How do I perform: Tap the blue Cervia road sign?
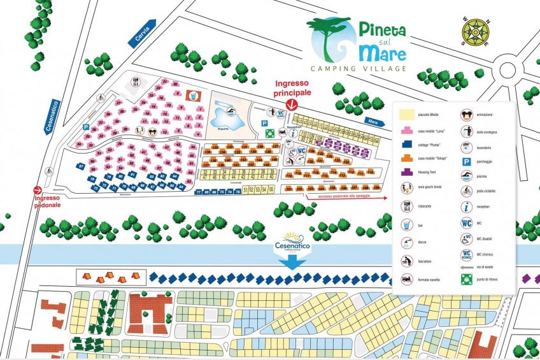coord(143,36)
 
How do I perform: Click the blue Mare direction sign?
coord(375,120)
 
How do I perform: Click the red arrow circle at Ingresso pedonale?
coord(38,189)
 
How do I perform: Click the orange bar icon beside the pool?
coord(193,96)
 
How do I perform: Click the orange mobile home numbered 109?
coord(376,189)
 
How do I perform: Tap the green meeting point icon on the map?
coord(270,133)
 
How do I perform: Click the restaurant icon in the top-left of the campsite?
coord(136,82)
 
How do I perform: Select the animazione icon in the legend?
coord(465,115)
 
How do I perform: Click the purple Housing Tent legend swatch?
coord(405,171)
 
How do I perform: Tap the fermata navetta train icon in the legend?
coord(406,279)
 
